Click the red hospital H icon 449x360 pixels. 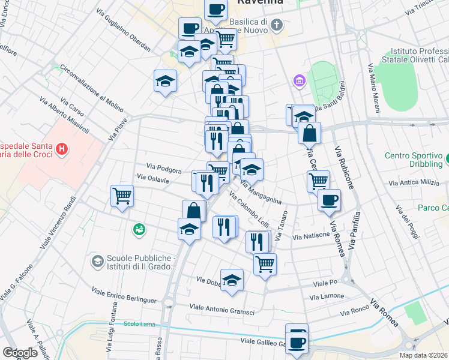click(60, 149)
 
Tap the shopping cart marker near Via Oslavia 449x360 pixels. click(122, 195)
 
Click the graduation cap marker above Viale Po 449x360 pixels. click(232, 281)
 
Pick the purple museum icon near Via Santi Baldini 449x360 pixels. click(298, 80)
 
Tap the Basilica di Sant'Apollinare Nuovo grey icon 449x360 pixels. click(276, 25)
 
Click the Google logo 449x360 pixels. click(20, 353)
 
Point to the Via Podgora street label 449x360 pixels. click(164, 170)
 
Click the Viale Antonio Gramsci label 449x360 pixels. click(221, 309)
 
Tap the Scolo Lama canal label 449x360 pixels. click(139, 324)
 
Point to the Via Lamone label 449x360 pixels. click(327, 296)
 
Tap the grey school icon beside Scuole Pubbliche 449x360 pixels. click(97, 261)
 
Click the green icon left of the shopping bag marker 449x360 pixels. click(139, 229)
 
